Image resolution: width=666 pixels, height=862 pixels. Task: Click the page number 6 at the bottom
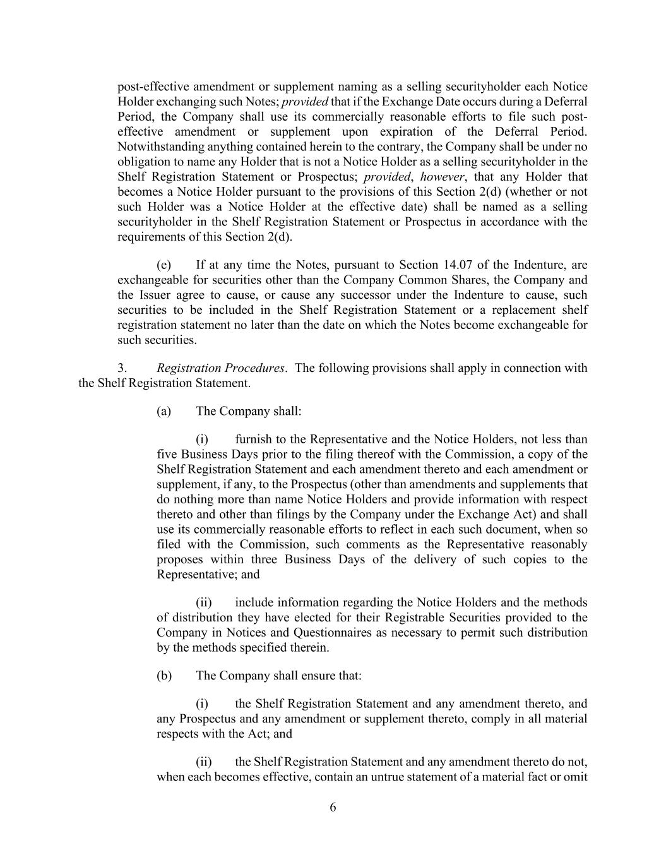point(333,807)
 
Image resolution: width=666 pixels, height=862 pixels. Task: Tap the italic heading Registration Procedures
point(220,368)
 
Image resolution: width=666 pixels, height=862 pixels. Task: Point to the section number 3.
point(122,368)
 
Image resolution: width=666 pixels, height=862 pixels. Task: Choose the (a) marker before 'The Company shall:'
point(164,411)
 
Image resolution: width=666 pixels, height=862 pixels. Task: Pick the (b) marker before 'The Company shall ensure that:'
point(164,676)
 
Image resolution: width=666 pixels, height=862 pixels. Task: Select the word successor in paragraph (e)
point(322,296)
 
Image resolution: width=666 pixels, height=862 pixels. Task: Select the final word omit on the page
point(578,777)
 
